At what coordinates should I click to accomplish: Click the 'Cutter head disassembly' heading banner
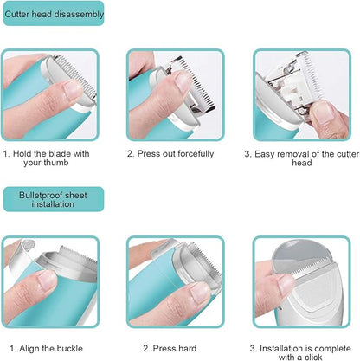[54, 14]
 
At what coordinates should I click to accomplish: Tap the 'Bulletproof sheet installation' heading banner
[53, 199]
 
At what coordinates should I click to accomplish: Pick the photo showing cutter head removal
[299, 94]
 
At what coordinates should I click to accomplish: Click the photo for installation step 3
[299, 280]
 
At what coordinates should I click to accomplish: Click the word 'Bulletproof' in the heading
[42, 194]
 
